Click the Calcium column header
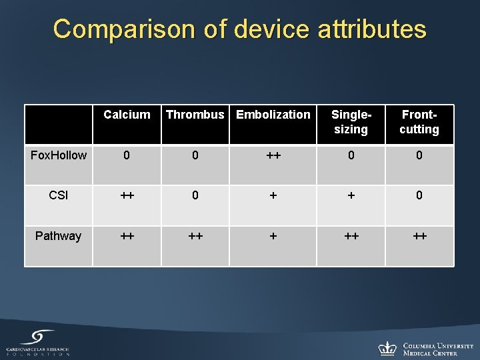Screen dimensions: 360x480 (x=127, y=115)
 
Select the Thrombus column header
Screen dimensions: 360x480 (x=195, y=115)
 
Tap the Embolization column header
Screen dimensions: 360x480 (x=273, y=115)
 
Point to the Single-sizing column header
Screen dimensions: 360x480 (x=351, y=122)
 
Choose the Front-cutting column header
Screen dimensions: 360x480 (x=419, y=122)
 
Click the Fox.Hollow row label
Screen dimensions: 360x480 (x=59, y=155)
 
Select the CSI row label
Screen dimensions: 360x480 (x=59, y=195)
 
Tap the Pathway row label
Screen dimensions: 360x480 (x=59, y=236)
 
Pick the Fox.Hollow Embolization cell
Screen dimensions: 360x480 (x=273, y=155)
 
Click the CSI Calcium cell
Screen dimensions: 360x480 (x=127, y=195)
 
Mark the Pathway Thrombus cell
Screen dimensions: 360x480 (x=195, y=236)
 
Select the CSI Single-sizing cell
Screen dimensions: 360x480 (x=351, y=195)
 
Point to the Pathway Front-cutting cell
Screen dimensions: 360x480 (x=419, y=236)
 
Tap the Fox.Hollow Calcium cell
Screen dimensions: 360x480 (x=127, y=155)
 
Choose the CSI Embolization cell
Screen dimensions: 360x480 (x=273, y=195)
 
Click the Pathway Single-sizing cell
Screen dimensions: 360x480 (x=351, y=236)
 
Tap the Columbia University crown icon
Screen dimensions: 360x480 (x=387, y=348)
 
